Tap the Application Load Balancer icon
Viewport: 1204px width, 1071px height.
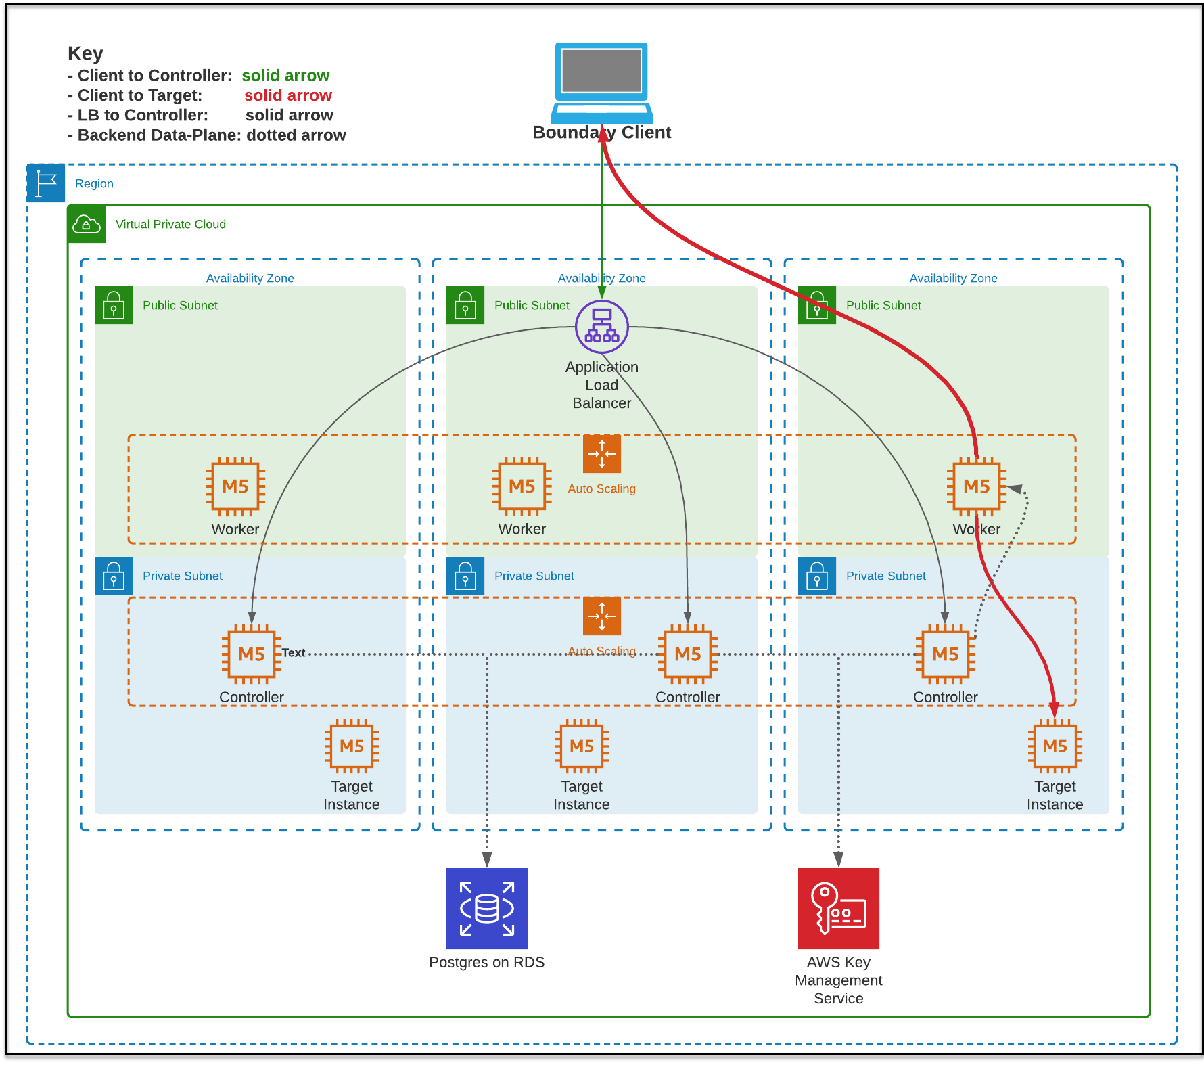pos(601,327)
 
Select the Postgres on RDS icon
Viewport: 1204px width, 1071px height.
pos(487,908)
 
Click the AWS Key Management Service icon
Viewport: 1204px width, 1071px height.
pos(839,908)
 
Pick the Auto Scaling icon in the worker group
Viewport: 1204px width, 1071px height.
pos(601,454)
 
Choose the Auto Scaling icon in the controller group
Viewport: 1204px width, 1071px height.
pos(601,616)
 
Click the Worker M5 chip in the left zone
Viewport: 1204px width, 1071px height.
pos(235,486)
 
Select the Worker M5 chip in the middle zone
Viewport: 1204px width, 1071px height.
pos(522,486)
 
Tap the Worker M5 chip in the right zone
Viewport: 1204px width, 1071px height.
pos(976,486)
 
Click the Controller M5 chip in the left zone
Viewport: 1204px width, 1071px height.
pos(252,654)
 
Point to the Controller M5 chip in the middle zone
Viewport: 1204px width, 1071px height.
pos(688,654)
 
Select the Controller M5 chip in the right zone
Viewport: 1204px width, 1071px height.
pos(945,654)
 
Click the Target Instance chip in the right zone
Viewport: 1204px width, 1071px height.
pos(1055,746)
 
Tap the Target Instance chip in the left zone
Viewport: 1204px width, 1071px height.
pos(352,746)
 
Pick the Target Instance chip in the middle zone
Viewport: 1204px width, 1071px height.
pos(582,746)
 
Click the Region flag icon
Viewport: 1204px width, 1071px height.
pos(46,183)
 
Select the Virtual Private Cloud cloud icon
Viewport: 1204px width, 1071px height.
pos(87,224)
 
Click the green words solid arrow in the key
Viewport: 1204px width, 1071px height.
pos(285,75)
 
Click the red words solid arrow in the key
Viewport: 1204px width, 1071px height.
pos(287,95)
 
